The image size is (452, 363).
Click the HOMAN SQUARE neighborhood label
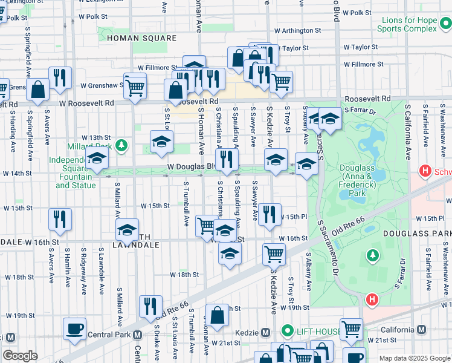141,38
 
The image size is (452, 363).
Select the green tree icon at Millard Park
122,145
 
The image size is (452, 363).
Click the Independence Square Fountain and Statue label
76,172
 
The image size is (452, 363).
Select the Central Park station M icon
137,335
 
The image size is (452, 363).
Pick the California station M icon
421,330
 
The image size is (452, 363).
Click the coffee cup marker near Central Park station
75,329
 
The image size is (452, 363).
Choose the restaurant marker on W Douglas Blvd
227,159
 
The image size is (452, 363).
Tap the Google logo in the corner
20,356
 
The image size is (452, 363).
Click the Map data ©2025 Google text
415,359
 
